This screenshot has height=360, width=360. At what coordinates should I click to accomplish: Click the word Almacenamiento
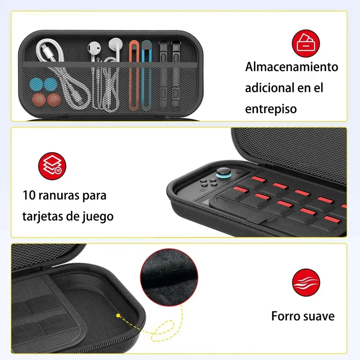tap(291, 67)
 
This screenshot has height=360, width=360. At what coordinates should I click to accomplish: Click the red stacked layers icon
tap(49, 164)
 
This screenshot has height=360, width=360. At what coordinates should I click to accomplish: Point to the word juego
tap(97, 216)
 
